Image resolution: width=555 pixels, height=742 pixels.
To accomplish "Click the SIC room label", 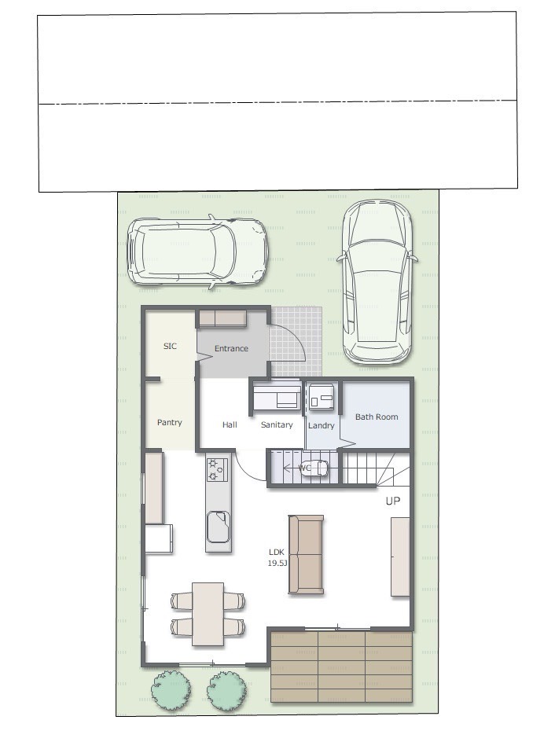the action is (x=170, y=346).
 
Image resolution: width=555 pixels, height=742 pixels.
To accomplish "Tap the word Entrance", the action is (x=231, y=348).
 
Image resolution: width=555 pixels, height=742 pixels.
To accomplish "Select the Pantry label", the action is (x=169, y=422).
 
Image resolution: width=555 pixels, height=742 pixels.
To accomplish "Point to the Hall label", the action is (x=230, y=424).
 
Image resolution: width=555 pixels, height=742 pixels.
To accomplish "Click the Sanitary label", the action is (x=277, y=424).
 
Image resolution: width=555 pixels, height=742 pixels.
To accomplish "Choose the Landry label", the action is (x=322, y=425).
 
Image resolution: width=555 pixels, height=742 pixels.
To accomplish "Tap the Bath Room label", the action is (x=377, y=417).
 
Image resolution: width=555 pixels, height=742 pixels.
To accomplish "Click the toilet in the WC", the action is (x=315, y=468).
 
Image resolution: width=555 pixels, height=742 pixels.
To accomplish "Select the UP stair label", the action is (x=393, y=501).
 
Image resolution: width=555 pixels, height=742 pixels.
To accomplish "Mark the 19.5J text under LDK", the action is (x=277, y=563).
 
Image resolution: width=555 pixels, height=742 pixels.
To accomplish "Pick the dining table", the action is (x=208, y=614).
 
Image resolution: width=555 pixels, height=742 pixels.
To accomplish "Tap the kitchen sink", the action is (x=219, y=526).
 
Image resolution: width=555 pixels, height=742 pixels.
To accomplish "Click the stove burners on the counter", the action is (x=218, y=469).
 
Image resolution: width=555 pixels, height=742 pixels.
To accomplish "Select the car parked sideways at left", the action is (x=198, y=252).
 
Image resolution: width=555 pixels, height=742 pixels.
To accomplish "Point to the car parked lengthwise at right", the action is (x=377, y=282).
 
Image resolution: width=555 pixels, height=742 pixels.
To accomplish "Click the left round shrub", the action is (x=171, y=689).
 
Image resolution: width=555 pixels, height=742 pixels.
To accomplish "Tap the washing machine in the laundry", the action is (x=322, y=396).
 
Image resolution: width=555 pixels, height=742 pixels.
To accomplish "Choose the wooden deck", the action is (x=342, y=667).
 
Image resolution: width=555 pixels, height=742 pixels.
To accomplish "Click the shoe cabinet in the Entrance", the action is (x=222, y=318).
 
